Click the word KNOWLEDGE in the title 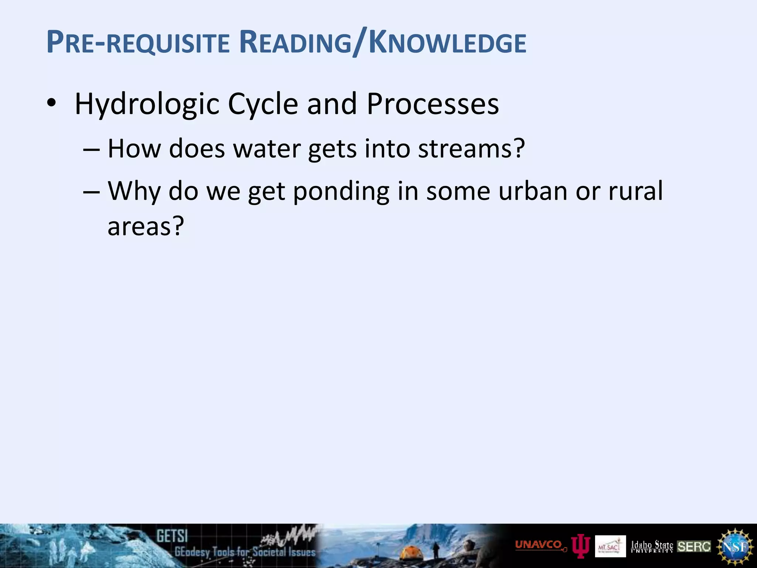pos(448,44)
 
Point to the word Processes pos(432,104)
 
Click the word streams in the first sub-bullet pos(466,148)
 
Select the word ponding pos(341,192)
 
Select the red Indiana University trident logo pos(580,547)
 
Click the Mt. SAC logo pos(610,546)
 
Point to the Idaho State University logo pos(652,546)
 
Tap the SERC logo pos(694,546)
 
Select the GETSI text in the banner pos(172,536)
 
